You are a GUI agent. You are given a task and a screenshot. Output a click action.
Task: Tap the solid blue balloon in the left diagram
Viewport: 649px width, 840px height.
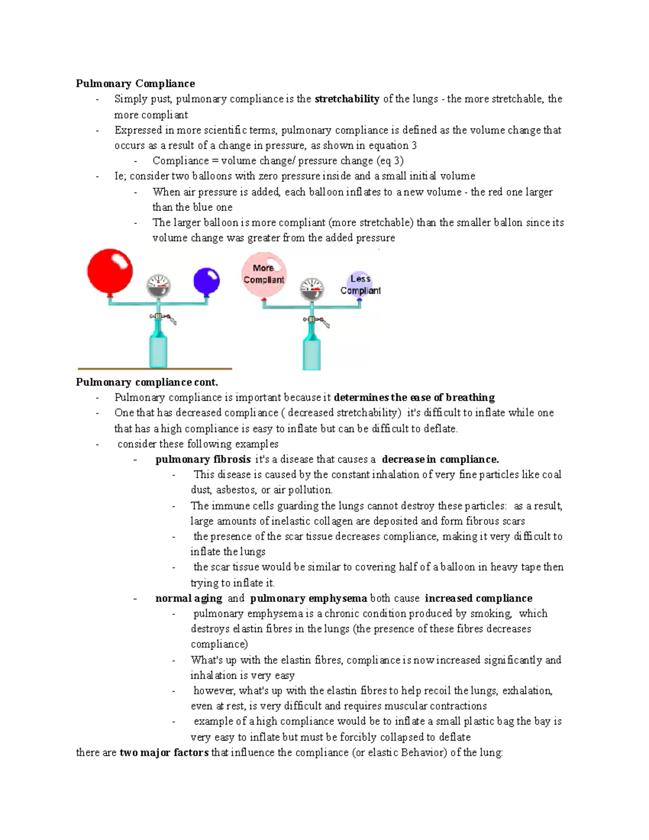(x=207, y=281)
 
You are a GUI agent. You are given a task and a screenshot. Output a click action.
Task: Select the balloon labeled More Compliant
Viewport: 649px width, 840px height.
(x=263, y=275)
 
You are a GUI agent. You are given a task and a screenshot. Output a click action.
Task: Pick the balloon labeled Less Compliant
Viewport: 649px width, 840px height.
(x=360, y=284)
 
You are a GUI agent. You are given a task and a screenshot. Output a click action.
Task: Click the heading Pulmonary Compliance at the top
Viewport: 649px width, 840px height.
(x=135, y=83)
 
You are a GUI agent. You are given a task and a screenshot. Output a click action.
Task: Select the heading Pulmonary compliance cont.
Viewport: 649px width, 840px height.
(x=147, y=382)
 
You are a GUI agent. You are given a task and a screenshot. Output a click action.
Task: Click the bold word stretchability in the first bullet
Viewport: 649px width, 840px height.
(x=347, y=99)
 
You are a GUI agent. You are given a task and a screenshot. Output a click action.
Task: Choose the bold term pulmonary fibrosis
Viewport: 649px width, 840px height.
(x=203, y=459)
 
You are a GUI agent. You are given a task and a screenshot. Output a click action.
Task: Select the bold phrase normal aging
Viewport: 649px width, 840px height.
(x=189, y=598)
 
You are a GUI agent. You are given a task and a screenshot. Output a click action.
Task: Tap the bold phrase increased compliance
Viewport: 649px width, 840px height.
(x=479, y=598)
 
